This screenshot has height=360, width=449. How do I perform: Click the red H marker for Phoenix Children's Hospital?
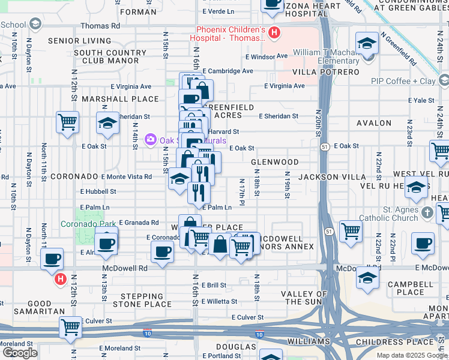tap(274, 33)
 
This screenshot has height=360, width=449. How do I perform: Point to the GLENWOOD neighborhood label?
tap(274, 163)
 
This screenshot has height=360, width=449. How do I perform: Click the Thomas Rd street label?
tap(100, 26)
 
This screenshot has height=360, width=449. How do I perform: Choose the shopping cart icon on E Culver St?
tap(70, 328)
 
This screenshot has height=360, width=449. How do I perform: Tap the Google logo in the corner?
tap(20, 353)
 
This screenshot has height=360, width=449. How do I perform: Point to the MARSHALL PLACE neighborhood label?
tap(111, 98)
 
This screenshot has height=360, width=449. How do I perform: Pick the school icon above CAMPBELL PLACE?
tap(367, 277)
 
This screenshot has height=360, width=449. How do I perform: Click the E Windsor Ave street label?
tap(267, 56)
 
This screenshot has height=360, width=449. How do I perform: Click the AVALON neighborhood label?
tap(373, 123)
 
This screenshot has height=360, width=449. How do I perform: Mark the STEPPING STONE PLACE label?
tap(146, 300)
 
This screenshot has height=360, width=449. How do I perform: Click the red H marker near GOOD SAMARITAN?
tap(60, 279)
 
